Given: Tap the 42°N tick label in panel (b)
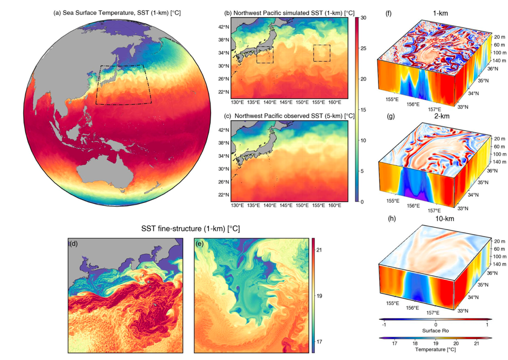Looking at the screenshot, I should (224, 27).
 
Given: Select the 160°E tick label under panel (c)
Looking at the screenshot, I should (335, 205).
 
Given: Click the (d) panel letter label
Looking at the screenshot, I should (74, 243).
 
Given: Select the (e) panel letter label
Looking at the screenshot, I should (200, 243).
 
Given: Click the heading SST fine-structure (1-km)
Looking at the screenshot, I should (190, 229).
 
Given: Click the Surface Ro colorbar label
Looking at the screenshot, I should (435, 331).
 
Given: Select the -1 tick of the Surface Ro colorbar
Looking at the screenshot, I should (384, 325).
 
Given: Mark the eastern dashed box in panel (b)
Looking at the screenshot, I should (321, 53).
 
